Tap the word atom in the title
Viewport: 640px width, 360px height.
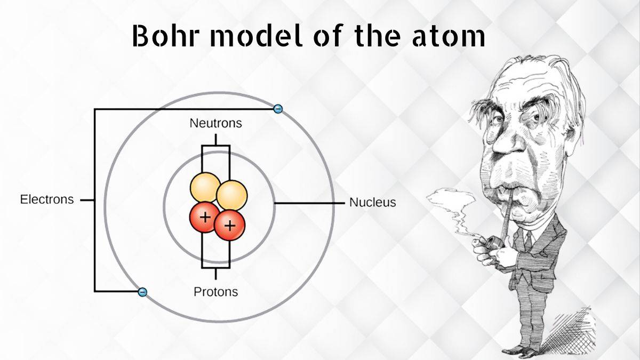pos(449,37)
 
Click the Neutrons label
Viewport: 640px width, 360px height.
pos(215,123)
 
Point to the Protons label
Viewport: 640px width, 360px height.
pos(215,292)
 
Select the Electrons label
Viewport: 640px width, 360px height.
pos(47,199)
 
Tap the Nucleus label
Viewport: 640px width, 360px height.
pos(373,202)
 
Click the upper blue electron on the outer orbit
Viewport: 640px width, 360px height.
pos(278,109)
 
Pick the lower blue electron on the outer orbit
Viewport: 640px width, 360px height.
pos(142,292)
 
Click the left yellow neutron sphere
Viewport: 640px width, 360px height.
pos(205,187)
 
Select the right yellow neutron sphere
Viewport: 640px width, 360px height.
pos(231,196)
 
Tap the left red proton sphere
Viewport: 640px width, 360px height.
pos(204,217)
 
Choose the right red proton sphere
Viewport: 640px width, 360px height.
pos(230,226)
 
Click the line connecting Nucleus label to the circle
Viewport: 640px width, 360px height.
pos(309,203)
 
